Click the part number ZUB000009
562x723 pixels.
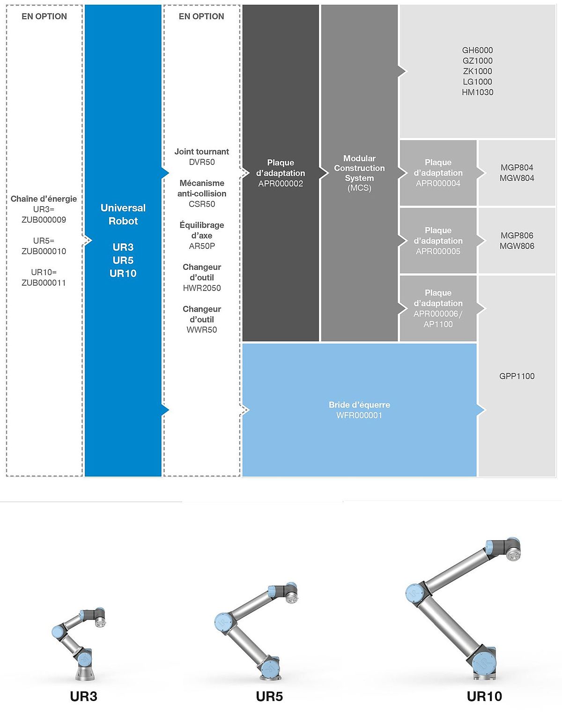click(x=44, y=220)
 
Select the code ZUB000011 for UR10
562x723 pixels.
click(x=44, y=283)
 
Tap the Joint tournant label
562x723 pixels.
click(x=202, y=152)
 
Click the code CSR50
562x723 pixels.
click(x=202, y=204)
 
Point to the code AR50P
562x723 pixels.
click(x=202, y=246)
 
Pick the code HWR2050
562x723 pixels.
click(x=202, y=288)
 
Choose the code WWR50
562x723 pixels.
click(x=202, y=330)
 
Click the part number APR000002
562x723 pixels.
click(x=281, y=184)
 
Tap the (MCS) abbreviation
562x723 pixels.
click(x=360, y=188)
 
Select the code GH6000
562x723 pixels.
click(x=478, y=50)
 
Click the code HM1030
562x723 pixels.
click(x=478, y=92)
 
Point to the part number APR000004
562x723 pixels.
click(x=438, y=183)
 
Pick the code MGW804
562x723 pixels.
click(x=517, y=178)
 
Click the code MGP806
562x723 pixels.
click(x=517, y=236)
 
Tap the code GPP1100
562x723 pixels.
click(x=517, y=376)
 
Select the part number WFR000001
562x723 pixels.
click(x=360, y=416)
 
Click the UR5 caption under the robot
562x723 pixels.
click(x=269, y=696)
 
